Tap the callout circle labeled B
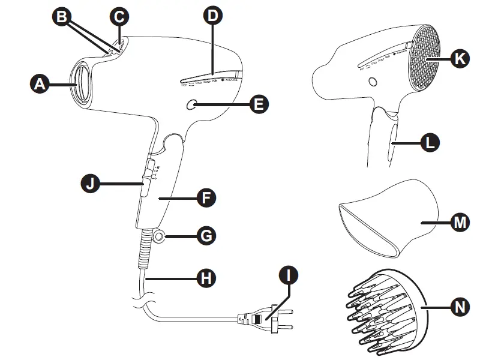62,17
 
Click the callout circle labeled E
259,104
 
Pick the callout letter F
206,198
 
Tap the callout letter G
206,237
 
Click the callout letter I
289,277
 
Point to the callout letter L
430,143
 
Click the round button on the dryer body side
191,105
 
